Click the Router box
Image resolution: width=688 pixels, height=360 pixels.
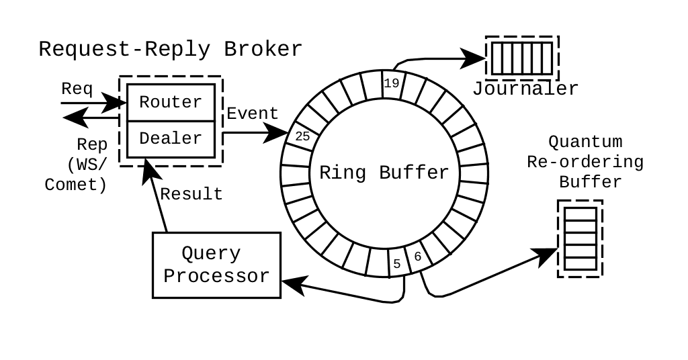[171, 102]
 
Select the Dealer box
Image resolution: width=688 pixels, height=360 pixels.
[171, 139]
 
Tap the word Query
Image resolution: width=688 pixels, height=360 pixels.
[211, 254]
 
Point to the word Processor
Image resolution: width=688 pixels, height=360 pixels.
[216, 276]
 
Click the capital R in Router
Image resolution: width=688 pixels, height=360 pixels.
[144, 102]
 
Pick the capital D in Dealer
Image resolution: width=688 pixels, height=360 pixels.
[144, 138]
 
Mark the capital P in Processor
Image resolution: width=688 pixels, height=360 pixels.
[169, 276]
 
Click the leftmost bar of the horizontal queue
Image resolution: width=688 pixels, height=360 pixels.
[497, 58]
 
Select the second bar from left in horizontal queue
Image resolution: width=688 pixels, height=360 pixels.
[507, 58]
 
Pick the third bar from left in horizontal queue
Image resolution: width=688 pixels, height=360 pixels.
[517, 58]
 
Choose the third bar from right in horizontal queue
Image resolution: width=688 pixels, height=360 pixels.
[527, 58]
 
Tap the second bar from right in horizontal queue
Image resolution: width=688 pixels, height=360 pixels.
[537, 58]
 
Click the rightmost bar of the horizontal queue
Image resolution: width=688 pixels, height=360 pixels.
[546, 58]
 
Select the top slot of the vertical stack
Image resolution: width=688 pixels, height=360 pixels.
[580, 214]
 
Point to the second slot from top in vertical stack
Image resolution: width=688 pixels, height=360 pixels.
[580, 226]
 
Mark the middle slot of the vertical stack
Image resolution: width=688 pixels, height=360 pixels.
[580, 238]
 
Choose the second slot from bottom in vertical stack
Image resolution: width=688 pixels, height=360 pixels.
[580, 251]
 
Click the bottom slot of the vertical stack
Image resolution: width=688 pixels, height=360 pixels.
[580, 263]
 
